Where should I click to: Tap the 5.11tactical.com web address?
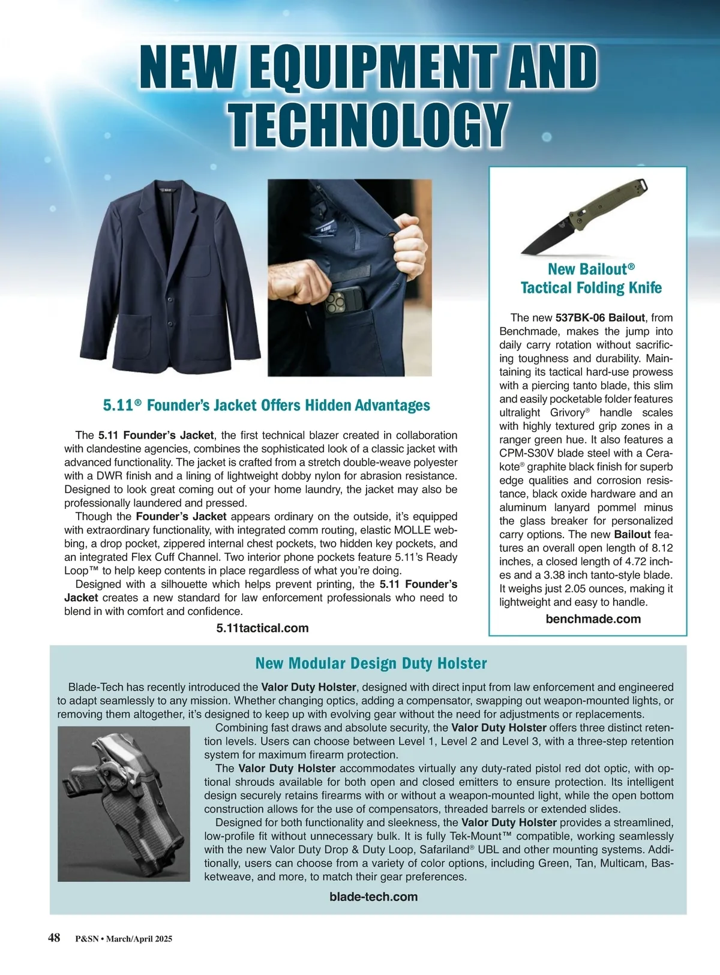[x=262, y=628]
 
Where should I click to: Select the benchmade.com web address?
[x=593, y=619]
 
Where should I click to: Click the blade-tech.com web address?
[x=373, y=897]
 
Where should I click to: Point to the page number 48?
[x=54, y=938]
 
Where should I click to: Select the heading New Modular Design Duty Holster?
[x=371, y=664]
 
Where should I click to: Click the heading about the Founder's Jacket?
[x=266, y=406]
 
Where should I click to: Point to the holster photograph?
[x=124, y=803]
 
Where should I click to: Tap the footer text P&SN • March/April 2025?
[x=124, y=939]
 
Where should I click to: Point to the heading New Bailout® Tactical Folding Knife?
[x=591, y=278]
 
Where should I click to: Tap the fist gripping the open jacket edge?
[x=411, y=244]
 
